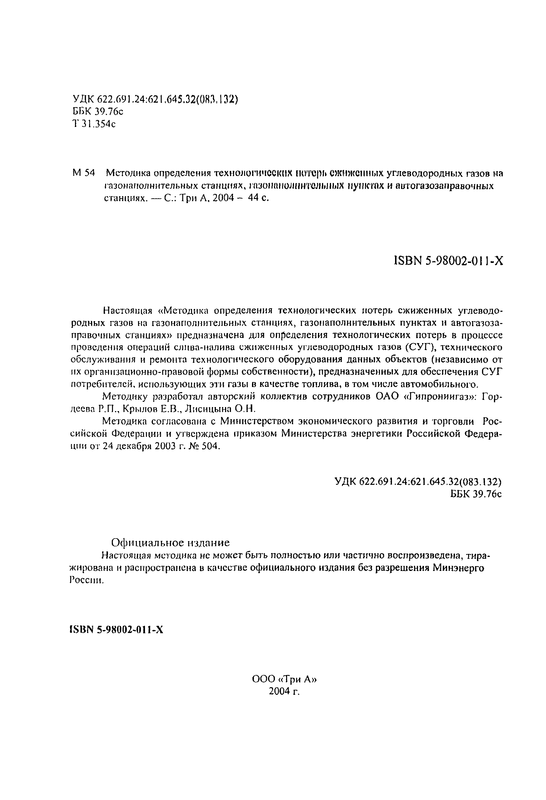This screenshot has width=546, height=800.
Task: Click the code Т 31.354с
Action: pos(94,124)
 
